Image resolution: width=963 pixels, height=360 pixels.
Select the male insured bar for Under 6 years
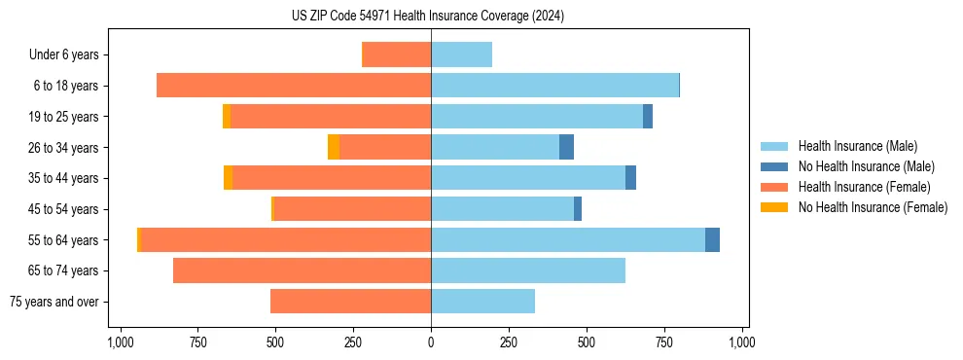point(461,55)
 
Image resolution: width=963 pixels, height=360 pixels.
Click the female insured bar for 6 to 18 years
point(294,86)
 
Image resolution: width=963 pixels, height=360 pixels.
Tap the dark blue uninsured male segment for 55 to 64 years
point(712,240)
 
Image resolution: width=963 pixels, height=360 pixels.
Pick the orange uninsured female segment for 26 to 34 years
point(334,148)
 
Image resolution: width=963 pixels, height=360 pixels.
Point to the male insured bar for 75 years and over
point(482,302)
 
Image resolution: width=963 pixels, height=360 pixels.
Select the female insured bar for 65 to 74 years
point(302,270)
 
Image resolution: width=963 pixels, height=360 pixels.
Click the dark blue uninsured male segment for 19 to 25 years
point(648,117)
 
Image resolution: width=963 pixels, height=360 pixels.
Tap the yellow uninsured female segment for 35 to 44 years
point(228,178)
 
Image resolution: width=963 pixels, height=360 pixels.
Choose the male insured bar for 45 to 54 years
point(502,209)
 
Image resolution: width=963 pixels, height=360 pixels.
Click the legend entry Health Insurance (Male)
point(857,146)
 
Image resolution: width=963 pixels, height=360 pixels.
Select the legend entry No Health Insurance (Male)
point(866,166)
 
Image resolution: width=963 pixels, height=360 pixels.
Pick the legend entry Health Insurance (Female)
point(864,187)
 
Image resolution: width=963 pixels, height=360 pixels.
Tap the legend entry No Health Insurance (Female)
point(873,207)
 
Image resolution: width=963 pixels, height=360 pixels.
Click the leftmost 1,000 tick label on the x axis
point(120,342)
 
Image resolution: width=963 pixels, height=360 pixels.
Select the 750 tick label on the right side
point(664,342)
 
